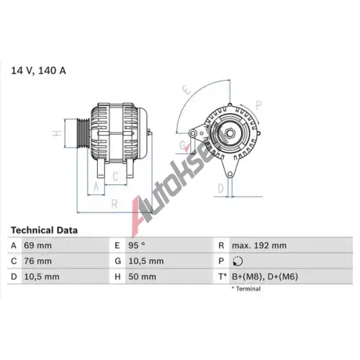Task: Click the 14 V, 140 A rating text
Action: [x=38, y=71]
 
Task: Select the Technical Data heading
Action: [x=44, y=230]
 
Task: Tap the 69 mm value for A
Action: [x=38, y=246]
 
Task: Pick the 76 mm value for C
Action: [x=38, y=261]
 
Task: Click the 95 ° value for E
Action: [x=137, y=246]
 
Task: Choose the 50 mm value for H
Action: [x=142, y=276]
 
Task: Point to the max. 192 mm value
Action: [x=259, y=246]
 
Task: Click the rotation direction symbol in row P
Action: [x=238, y=261]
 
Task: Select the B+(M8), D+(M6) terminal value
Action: [x=265, y=276]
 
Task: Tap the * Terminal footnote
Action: [x=246, y=289]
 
